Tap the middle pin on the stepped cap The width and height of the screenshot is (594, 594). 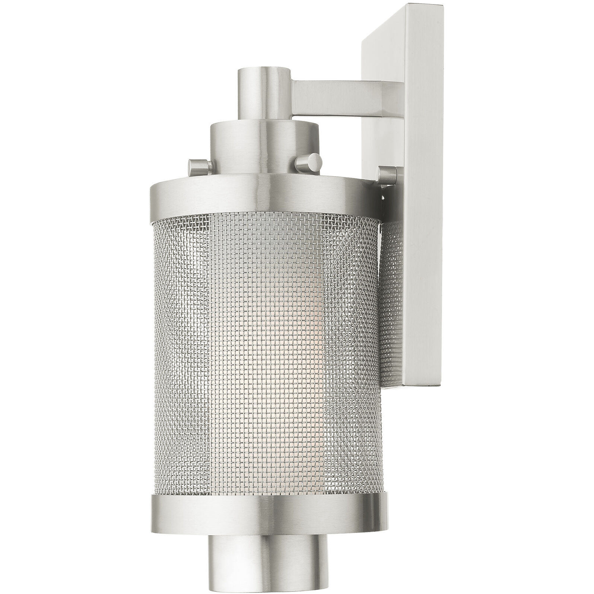point(308,161)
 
